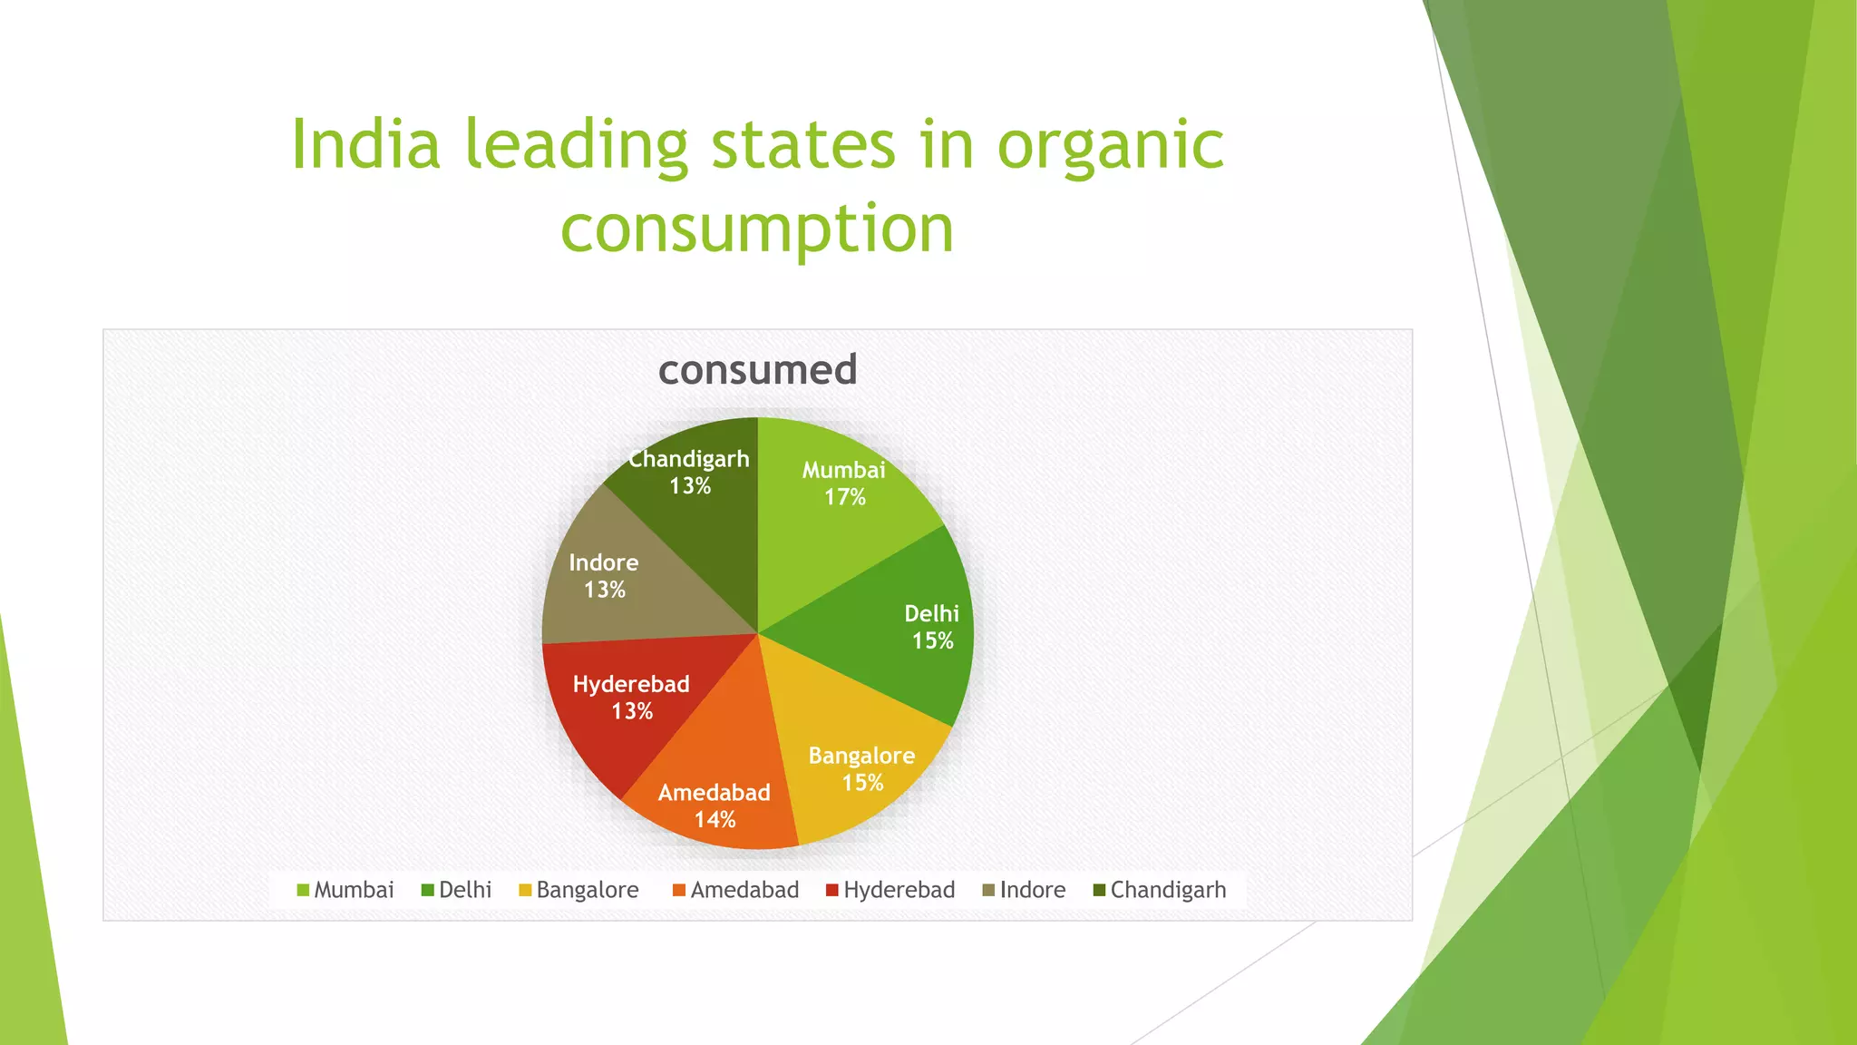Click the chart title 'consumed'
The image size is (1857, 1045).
tap(757, 370)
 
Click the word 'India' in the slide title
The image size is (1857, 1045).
tap(365, 145)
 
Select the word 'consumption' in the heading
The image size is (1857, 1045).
tap(757, 229)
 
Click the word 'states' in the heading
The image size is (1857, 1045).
tap(802, 145)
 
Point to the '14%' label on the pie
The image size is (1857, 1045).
tap(715, 820)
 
